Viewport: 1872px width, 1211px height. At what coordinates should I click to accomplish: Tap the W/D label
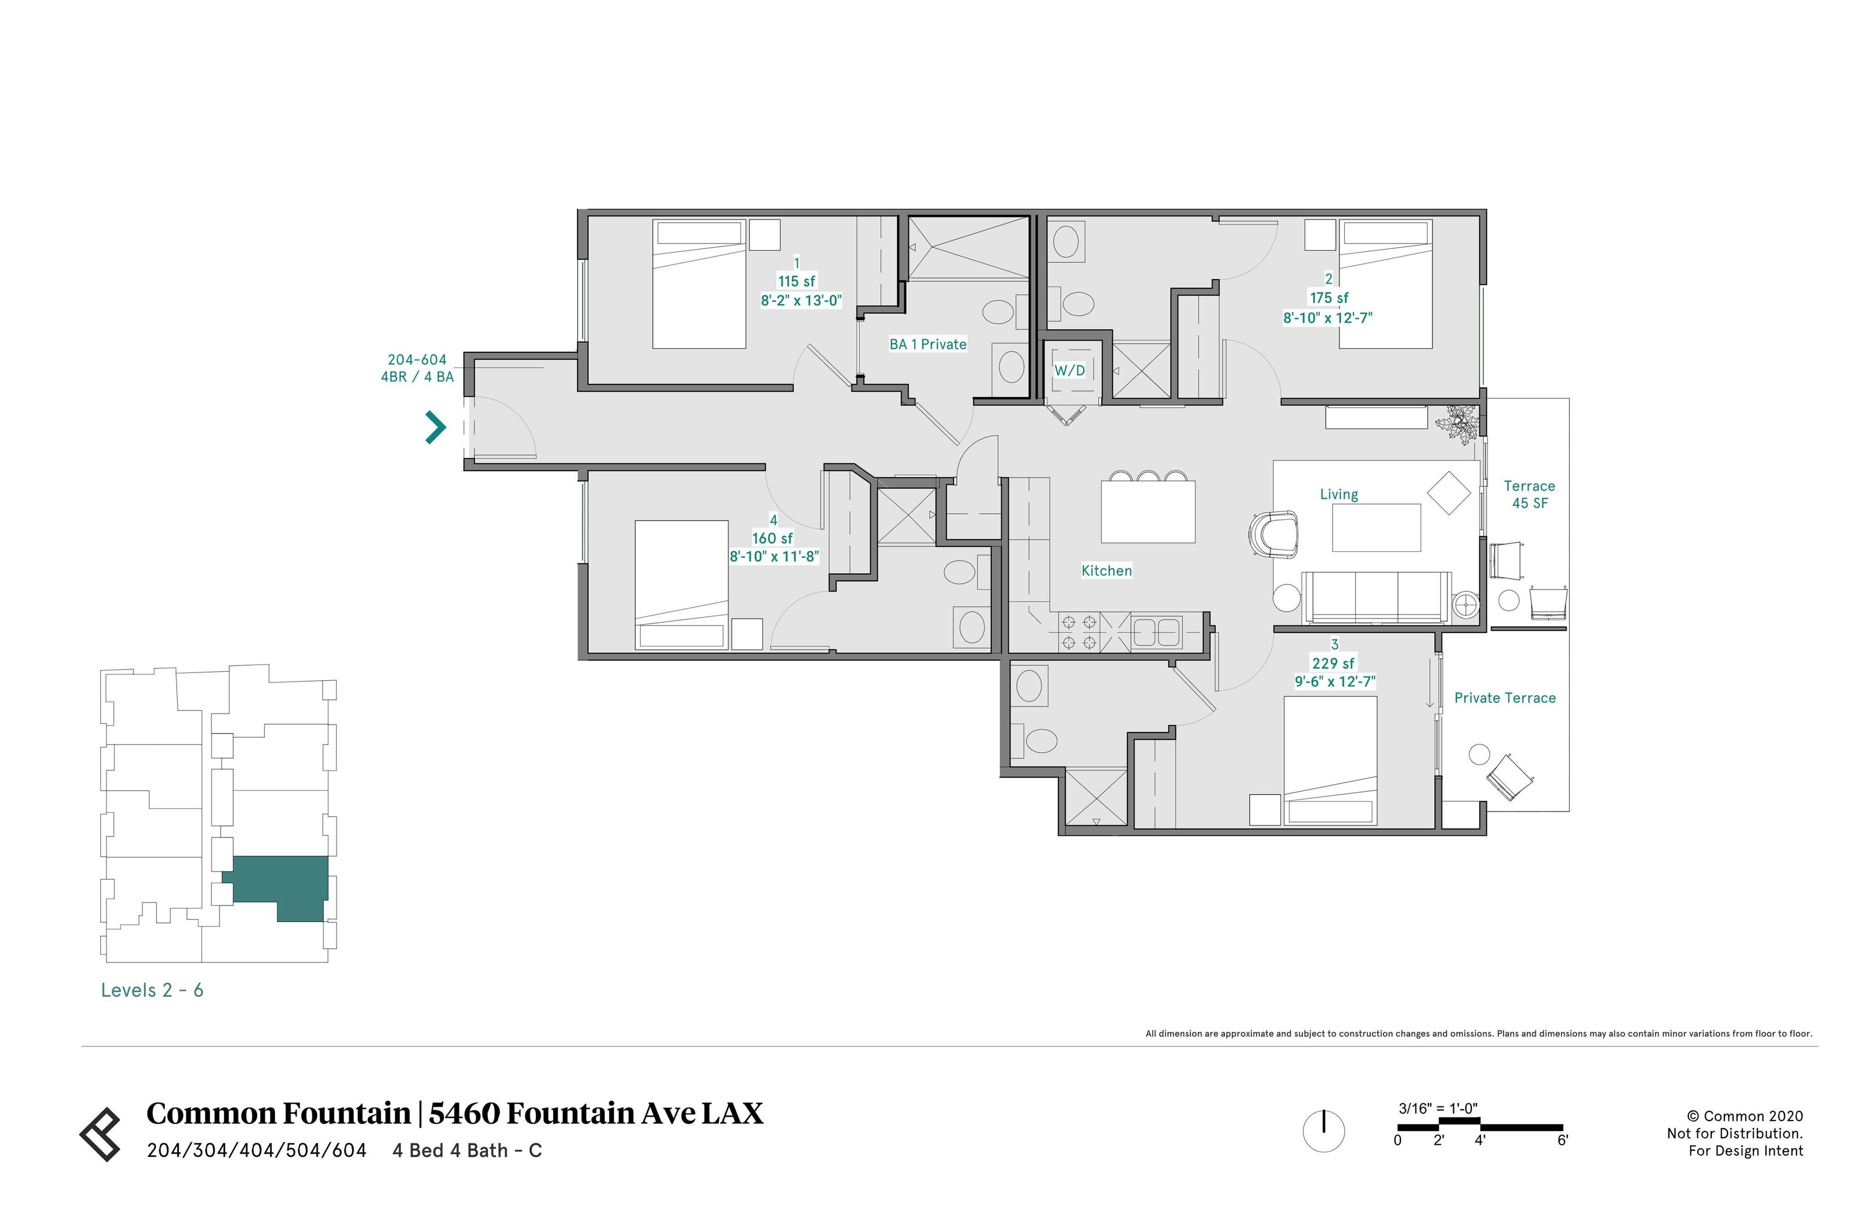(1069, 370)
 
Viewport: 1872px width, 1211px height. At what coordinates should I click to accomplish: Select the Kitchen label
(1106, 571)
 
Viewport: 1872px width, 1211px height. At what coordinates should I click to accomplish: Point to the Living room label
(1338, 494)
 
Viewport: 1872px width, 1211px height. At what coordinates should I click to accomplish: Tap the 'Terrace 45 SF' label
(1529, 494)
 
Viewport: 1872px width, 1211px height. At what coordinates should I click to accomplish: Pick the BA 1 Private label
(928, 345)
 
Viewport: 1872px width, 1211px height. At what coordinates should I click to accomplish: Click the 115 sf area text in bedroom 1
(797, 282)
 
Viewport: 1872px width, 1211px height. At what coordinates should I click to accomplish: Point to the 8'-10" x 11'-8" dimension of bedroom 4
(774, 557)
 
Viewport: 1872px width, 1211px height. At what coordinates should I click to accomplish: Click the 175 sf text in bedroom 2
(1329, 298)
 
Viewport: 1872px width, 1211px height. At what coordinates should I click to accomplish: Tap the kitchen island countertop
(1148, 511)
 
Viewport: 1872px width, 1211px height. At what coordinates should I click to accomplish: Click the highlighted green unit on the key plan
(279, 885)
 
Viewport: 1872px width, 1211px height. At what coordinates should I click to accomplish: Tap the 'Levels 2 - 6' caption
(152, 990)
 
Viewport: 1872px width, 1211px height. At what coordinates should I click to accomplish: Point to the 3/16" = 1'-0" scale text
(1438, 1109)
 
